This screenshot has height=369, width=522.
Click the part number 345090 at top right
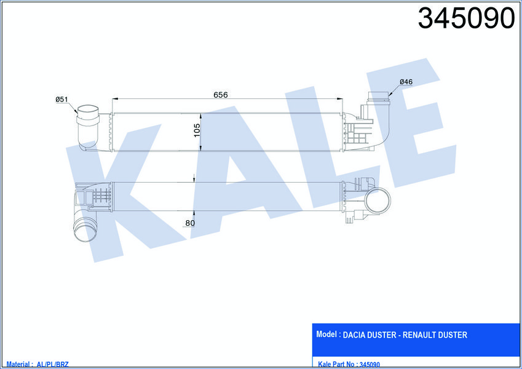pos(465,19)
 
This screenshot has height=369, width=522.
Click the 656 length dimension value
pos(220,95)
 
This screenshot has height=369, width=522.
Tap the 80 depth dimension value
pos(190,223)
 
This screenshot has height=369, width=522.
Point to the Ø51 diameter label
pos(61,99)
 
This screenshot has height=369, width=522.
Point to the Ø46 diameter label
pos(405,82)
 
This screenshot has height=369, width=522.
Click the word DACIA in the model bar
pos(354,335)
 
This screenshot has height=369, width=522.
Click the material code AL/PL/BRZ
pos(53,364)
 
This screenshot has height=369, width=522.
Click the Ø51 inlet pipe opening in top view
pos(86,113)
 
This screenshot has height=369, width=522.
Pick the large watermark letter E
pos(406,123)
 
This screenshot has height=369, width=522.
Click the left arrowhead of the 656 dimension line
pos(113,99)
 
